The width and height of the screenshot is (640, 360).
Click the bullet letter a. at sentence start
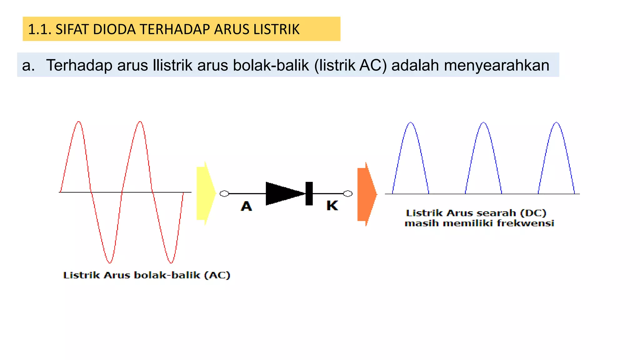click(28, 65)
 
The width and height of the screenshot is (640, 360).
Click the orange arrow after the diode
click(367, 194)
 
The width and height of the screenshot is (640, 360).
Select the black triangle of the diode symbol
click(283, 193)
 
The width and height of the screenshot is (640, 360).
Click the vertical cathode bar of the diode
click(309, 193)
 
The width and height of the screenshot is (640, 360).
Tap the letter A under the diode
click(246, 206)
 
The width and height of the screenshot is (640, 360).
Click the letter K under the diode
click(332, 206)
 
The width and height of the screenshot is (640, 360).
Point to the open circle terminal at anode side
click(224, 194)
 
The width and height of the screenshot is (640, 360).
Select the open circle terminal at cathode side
click(347, 194)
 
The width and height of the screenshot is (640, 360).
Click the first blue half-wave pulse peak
click(411, 123)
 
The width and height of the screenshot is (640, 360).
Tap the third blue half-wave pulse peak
click(556, 123)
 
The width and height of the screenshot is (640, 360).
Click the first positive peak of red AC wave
click(79, 122)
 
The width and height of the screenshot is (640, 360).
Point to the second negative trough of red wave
click(171, 262)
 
